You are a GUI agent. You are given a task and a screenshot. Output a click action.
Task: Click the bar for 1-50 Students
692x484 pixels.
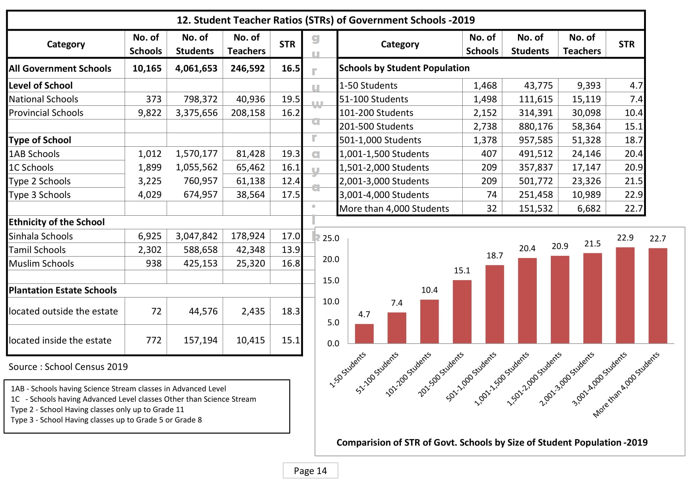364,334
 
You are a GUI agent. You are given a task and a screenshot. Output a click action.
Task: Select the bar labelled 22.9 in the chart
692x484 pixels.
625,295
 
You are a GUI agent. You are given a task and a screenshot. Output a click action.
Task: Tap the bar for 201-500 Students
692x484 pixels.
462,312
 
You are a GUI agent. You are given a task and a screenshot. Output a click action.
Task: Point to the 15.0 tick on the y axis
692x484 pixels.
331,281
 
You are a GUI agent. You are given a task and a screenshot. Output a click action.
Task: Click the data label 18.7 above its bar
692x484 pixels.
494,255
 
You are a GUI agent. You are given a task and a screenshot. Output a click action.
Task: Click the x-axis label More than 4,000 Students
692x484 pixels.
626,385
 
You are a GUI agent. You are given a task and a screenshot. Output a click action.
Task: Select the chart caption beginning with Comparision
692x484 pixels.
492,442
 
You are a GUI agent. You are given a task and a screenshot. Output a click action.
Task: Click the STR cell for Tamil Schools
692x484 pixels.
291,250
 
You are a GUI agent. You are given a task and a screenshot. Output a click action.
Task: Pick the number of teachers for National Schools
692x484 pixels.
250,99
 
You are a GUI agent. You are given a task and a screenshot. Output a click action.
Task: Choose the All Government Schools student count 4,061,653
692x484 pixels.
196,69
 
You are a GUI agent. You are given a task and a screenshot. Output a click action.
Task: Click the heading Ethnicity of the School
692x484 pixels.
57,222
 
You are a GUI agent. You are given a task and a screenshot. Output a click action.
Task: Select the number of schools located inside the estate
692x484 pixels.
153,340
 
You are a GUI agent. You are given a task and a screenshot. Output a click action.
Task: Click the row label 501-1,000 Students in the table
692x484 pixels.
380,140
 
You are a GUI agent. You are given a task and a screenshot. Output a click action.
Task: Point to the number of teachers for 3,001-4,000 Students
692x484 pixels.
586,195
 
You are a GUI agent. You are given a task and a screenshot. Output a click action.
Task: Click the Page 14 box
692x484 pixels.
310,471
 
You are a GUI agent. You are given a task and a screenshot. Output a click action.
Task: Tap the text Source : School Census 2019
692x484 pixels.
68,367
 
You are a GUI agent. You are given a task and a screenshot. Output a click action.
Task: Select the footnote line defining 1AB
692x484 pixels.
118,389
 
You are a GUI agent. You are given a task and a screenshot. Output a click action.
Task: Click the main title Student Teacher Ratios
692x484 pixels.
326,20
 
